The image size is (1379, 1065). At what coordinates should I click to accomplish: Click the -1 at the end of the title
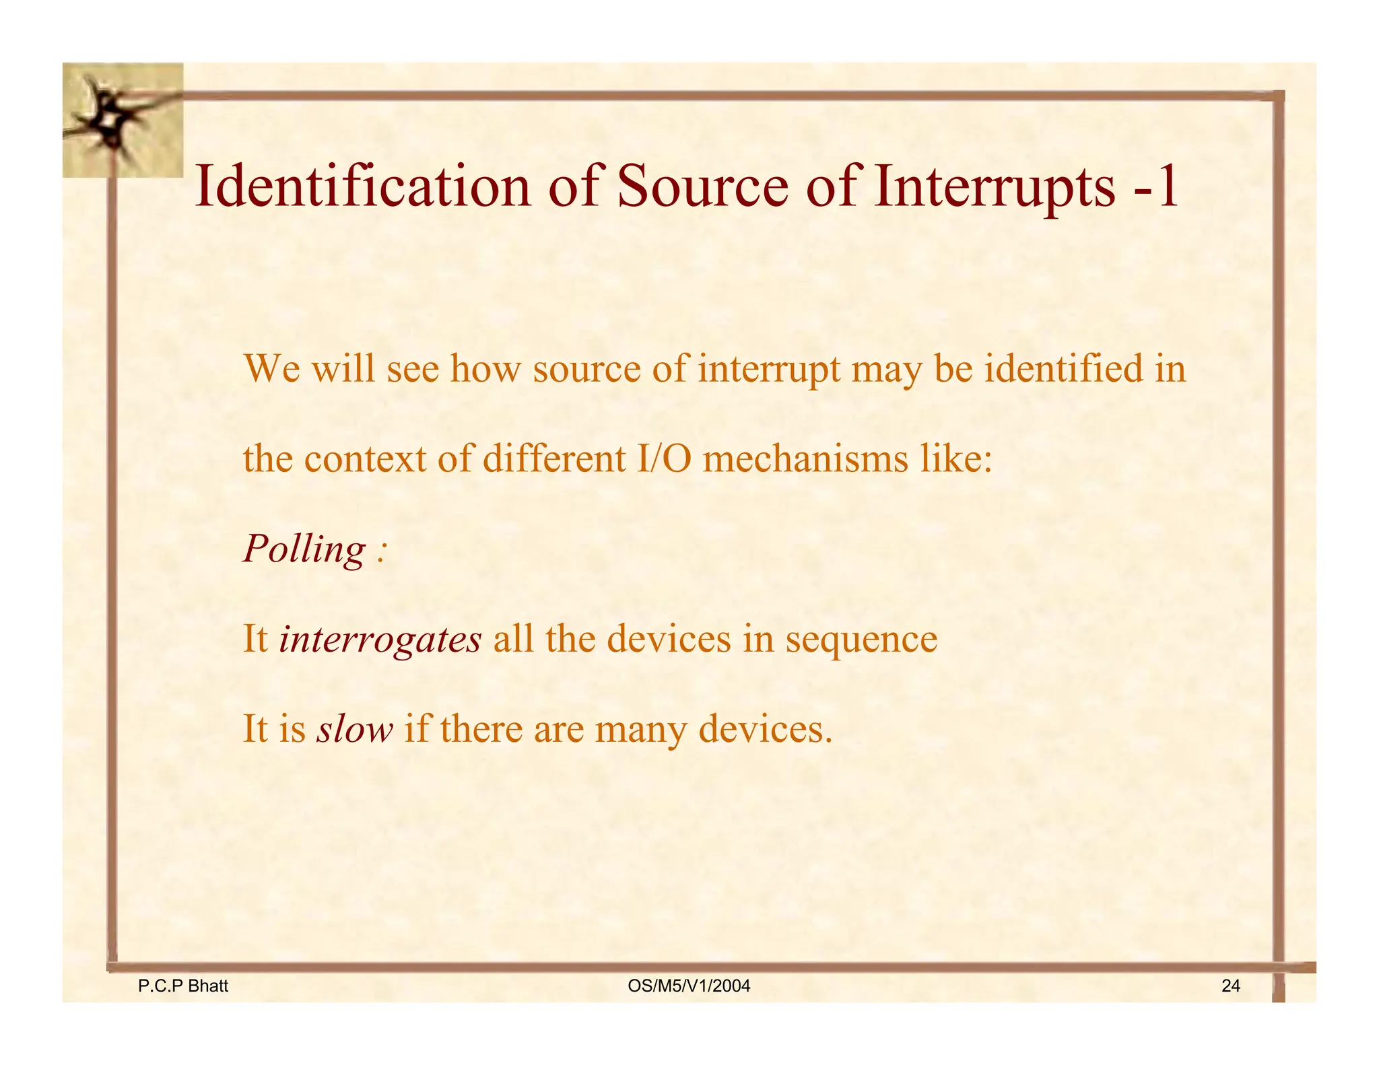click(1157, 186)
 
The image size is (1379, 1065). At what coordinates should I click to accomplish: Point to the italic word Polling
click(304, 550)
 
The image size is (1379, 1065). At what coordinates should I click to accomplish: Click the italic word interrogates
click(380, 639)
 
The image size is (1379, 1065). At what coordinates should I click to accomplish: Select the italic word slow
click(355, 729)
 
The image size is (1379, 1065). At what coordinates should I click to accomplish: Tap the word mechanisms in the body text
click(805, 460)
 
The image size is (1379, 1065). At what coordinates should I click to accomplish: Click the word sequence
click(861, 640)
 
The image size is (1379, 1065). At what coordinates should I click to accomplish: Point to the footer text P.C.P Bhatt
click(182, 986)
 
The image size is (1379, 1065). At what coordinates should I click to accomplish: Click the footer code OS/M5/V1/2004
click(688, 986)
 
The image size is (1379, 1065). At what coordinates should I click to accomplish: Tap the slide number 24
click(1230, 986)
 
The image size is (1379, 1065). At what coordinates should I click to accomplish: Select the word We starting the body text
click(271, 370)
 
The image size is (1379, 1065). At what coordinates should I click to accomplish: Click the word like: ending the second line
click(955, 460)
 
